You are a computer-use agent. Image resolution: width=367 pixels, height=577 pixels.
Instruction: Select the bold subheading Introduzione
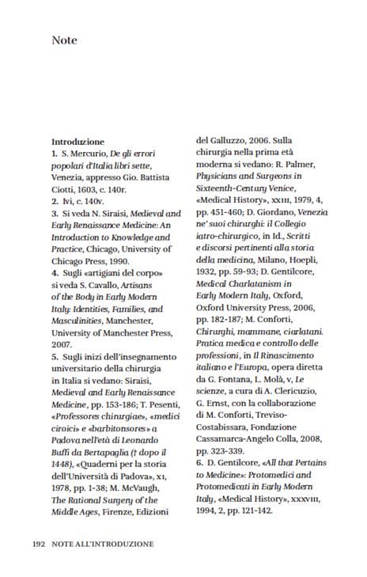[78, 142]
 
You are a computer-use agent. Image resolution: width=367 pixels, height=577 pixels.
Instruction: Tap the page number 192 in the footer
[39, 545]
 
